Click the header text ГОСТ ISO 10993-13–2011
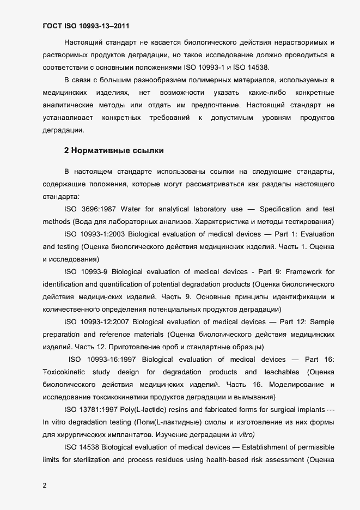click(86, 25)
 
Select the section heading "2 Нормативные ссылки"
click(114, 149)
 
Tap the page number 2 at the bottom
click(45, 485)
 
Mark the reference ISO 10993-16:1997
click(104, 359)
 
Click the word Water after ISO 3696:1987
click(130, 209)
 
